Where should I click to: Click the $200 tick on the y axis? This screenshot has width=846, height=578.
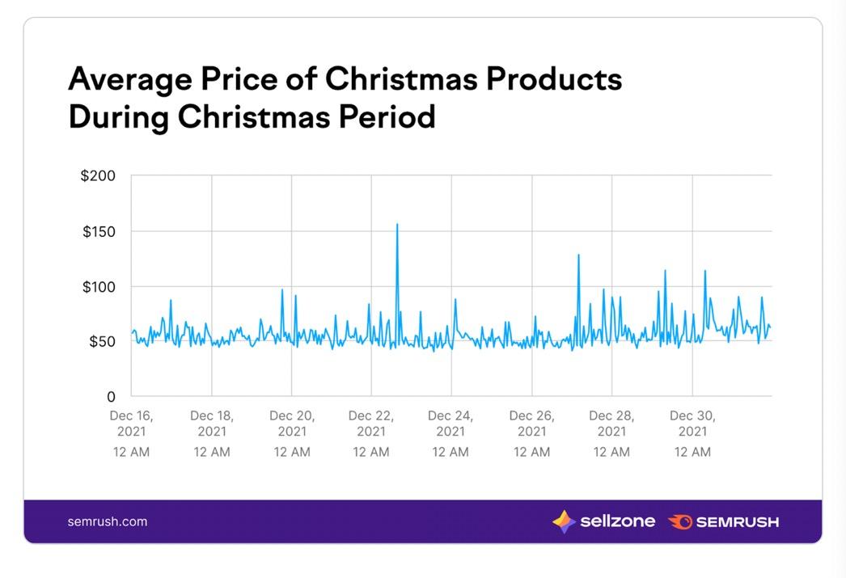pyautogui.click(x=98, y=175)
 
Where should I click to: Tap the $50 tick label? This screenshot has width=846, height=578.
pyautogui.click(x=101, y=342)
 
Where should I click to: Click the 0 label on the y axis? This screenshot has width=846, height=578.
pyautogui.click(x=112, y=397)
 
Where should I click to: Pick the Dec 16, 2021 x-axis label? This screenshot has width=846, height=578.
pyautogui.click(x=131, y=424)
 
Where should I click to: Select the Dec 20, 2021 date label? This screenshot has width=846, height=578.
pyautogui.click(x=292, y=424)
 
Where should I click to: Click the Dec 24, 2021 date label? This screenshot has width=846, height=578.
pyautogui.click(x=450, y=424)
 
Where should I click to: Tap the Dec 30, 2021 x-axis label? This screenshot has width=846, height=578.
pyautogui.click(x=692, y=424)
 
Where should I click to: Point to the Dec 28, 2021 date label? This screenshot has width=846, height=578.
pyautogui.click(x=611, y=424)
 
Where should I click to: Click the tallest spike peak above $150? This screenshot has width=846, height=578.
pyautogui.click(x=397, y=224)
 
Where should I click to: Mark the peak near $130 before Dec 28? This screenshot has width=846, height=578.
pyautogui.click(x=578, y=255)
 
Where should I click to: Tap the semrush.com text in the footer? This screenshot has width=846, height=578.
pyautogui.click(x=108, y=521)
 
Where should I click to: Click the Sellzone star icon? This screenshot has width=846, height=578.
pyautogui.click(x=564, y=521)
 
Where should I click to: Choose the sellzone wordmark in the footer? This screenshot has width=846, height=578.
pyautogui.click(x=617, y=521)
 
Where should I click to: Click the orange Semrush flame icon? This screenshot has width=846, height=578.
pyautogui.click(x=680, y=521)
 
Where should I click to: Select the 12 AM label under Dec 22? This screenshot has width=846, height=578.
pyautogui.click(x=370, y=452)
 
